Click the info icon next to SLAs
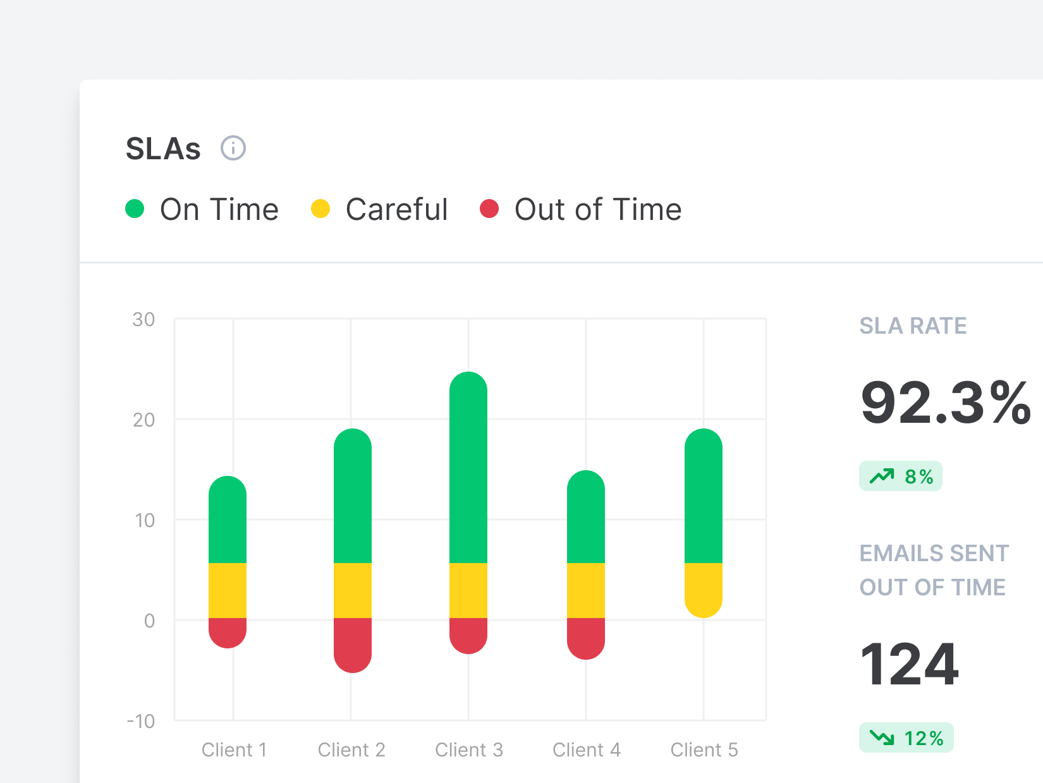(233, 149)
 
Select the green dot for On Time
(135, 209)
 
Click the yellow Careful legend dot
(320, 209)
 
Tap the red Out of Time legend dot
(489, 209)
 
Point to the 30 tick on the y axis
(144, 320)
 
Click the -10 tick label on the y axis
(142, 721)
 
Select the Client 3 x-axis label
(468, 750)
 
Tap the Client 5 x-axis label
(704, 750)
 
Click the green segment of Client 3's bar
(468, 468)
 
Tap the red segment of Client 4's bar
(586, 637)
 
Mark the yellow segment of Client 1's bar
(228, 590)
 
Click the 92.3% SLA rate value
(946, 403)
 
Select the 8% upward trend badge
(901, 476)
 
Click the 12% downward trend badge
(906, 737)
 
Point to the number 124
(910, 664)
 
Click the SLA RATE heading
(913, 325)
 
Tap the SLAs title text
(163, 149)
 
